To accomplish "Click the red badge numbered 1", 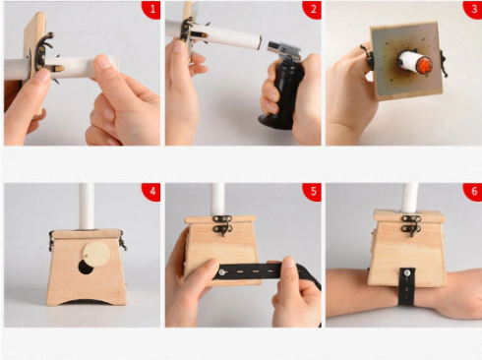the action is tap(151, 9).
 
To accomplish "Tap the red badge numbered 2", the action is tap(313, 9).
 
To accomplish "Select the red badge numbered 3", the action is tap(473, 9).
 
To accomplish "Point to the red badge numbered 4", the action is tap(151, 192).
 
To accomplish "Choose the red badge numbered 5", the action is tap(313, 192).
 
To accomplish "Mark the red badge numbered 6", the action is tap(473, 192).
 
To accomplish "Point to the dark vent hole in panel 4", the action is tap(86, 268).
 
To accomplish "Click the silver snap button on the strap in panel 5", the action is tap(222, 272).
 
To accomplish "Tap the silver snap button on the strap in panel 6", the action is tap(407, 272).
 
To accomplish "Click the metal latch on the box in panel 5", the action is tap(222, 224).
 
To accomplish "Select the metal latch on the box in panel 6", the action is tap(412, 224).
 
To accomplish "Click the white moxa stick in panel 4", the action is tap(87, 206).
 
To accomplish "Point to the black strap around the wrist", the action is tap(406, 286).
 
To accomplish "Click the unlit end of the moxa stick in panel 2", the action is tap(259, 43).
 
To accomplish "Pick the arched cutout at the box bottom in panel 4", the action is tap(87, 301).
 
